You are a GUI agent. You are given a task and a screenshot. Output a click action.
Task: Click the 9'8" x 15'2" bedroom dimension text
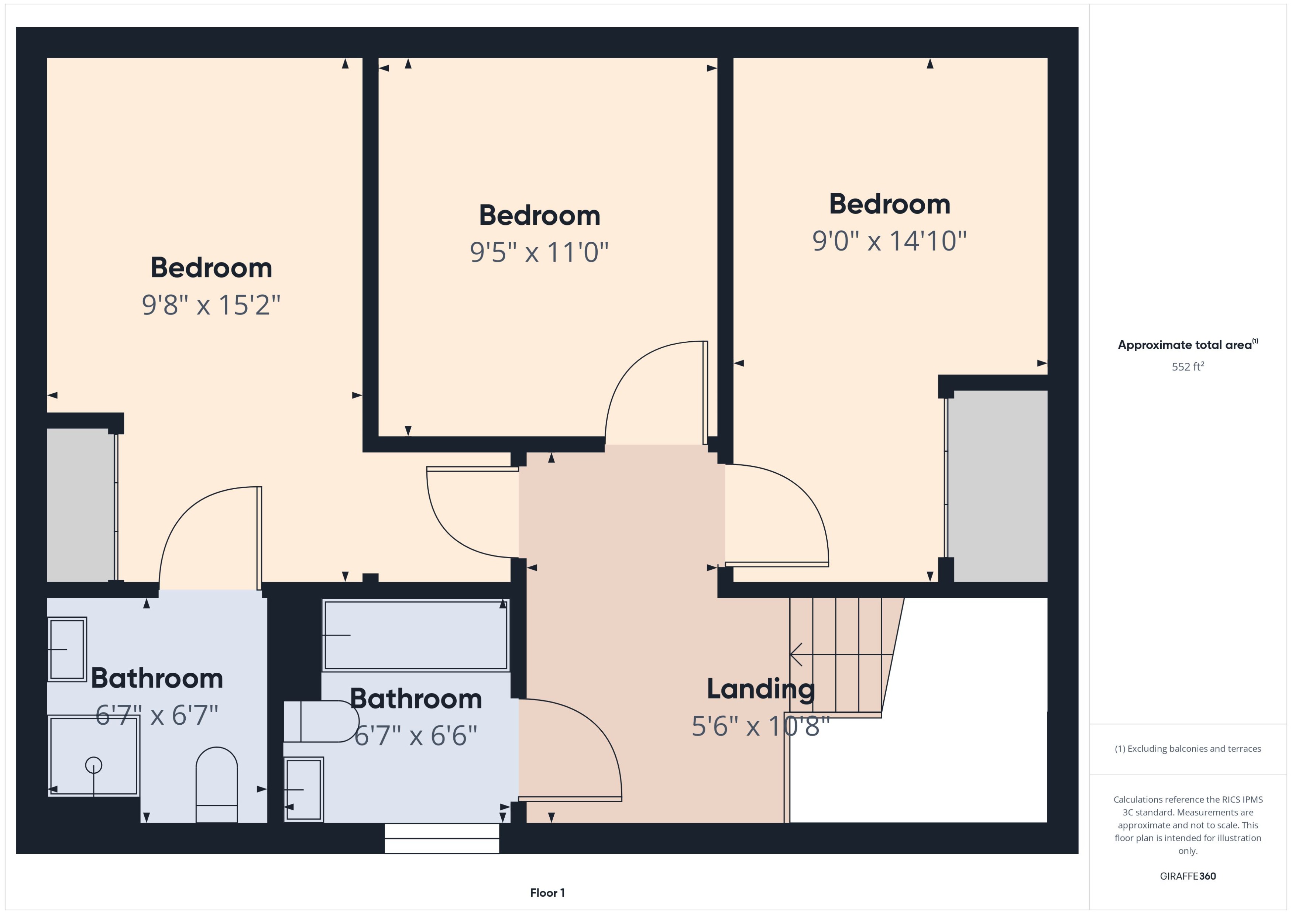click(211, 305)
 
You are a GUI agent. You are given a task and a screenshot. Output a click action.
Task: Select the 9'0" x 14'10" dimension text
click(889, 241)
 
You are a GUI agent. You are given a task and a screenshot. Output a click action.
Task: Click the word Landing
click(760, 689)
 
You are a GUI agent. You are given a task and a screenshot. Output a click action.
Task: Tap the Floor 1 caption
click(547, 893)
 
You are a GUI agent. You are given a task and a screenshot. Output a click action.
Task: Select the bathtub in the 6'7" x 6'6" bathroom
click(415, 635)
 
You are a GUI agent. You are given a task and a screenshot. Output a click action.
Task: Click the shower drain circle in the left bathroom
click(93, 765)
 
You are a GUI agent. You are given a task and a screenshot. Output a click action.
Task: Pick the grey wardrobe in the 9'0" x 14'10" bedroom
click(999, 485)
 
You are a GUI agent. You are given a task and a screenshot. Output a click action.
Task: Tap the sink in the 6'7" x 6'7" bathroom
click(66, 649)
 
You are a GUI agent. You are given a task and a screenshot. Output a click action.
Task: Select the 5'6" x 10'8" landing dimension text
click(760, 726)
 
